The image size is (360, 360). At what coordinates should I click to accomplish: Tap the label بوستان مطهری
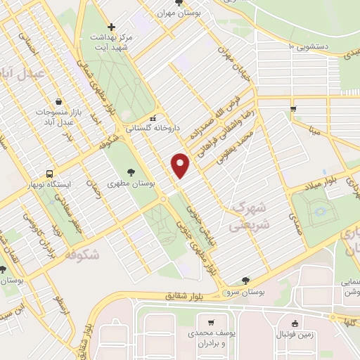click(132, 182)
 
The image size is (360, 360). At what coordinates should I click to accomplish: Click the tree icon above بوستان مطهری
click(132, 172)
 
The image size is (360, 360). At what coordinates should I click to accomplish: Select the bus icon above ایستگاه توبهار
click(49, 173)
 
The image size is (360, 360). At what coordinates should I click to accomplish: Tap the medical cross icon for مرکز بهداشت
click(111, 27)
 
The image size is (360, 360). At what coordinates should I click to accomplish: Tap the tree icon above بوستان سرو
click(245, 280)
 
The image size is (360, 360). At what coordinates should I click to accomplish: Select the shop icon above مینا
click(293, 109)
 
